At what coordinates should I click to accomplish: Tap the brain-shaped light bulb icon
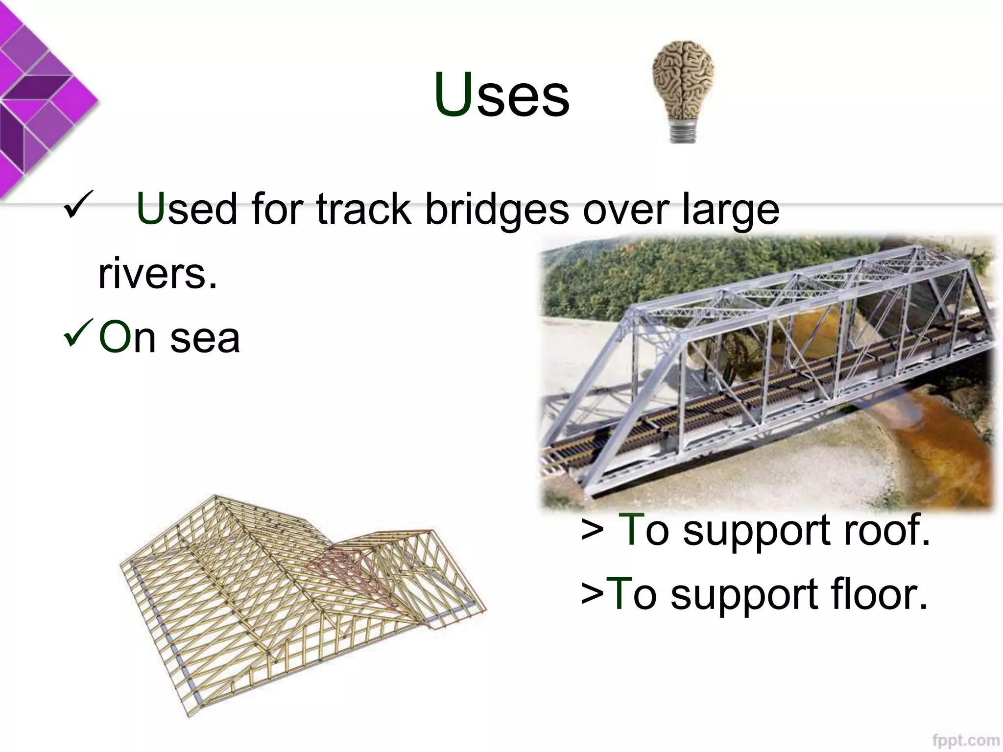pyautogui.click(x=684, y=83)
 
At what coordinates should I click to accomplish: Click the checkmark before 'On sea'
pyautogui.click(x=78, y=332)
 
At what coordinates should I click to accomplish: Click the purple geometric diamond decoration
pyautogui.click(x=39, y=98)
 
